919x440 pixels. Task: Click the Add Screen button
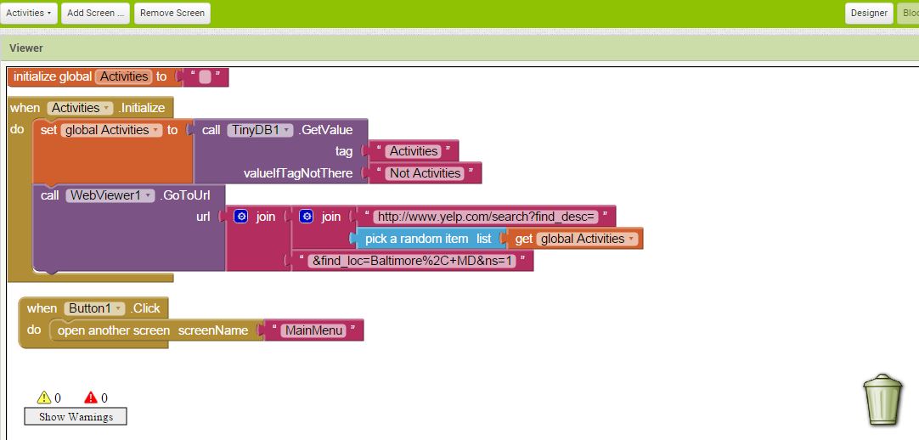(95, 13)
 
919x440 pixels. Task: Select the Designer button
(868, 13)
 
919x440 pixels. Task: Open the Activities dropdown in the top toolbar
(31, 13)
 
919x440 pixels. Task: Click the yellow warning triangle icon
(44, 398)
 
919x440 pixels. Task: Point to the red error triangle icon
(92, 398)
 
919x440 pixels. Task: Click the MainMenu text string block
(313, 330)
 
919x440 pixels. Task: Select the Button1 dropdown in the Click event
(94, 308)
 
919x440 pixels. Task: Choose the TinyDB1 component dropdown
(260, 130)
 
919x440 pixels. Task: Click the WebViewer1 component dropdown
(111, 195)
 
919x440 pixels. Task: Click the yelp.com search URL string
(486, 217)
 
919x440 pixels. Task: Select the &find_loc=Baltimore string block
(414, 261)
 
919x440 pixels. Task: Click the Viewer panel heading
(26, 48)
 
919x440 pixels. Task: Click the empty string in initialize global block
(205, 77)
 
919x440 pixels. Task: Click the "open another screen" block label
(114, 330)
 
